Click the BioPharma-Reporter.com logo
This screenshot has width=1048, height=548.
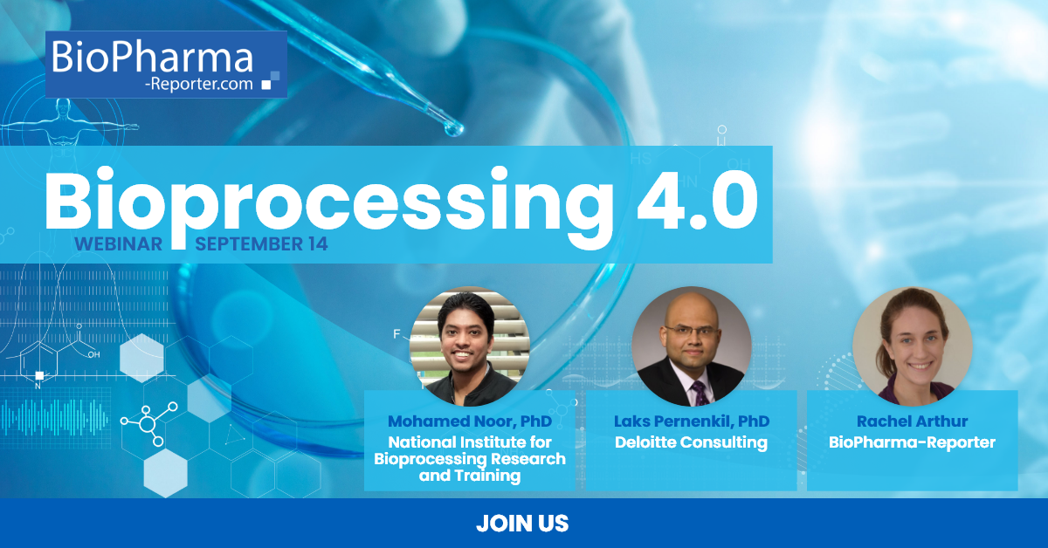tap(166, 65)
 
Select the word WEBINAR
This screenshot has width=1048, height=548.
tap(118, 244)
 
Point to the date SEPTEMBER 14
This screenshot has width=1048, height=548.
tap(261, 244)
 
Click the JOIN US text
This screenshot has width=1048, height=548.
tap(522, 524)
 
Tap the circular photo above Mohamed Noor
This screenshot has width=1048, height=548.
tap(470, 346)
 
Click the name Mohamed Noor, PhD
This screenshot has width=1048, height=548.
tap(470, 422)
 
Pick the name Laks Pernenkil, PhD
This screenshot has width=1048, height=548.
tap(692, 422)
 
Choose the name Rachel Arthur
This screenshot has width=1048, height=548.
tap(912, 422)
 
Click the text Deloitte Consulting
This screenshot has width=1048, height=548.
tap(692, 442)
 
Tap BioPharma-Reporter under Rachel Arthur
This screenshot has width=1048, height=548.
tap(912, 442)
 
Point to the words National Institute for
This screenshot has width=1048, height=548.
tap(470, 442)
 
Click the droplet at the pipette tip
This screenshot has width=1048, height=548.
tap(452, 130)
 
